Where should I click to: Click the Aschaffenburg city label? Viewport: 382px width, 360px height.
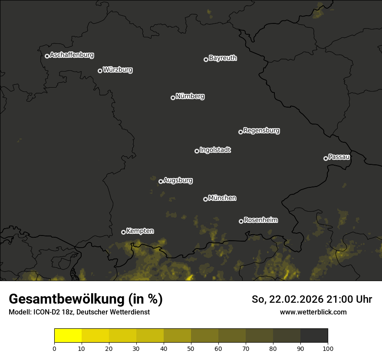(72, 55)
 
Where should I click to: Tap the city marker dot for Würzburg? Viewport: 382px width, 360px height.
(100, 71)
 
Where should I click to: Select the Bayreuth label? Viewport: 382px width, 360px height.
(223, 58)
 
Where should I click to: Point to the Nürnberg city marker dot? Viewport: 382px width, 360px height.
(173, 98)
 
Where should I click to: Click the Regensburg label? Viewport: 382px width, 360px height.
(261, 131)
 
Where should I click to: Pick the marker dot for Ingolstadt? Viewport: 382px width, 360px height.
(197, 151)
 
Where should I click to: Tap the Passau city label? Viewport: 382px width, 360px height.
(339, 157)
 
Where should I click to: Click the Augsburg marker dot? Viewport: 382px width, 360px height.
(161, 181)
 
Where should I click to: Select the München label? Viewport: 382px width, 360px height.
(222, 198)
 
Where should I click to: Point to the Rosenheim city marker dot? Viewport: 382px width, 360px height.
(241, 221)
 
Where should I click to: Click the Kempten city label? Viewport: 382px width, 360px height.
(140, 231)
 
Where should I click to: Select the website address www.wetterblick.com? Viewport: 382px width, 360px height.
(313, 312)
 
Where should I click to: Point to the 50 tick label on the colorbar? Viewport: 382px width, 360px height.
(191, 348)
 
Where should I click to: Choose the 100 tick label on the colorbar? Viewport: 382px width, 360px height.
(328, 348)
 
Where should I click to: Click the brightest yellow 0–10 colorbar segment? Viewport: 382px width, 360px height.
(68, 336)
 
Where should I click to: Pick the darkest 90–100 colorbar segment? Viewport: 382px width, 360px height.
(314, 336)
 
